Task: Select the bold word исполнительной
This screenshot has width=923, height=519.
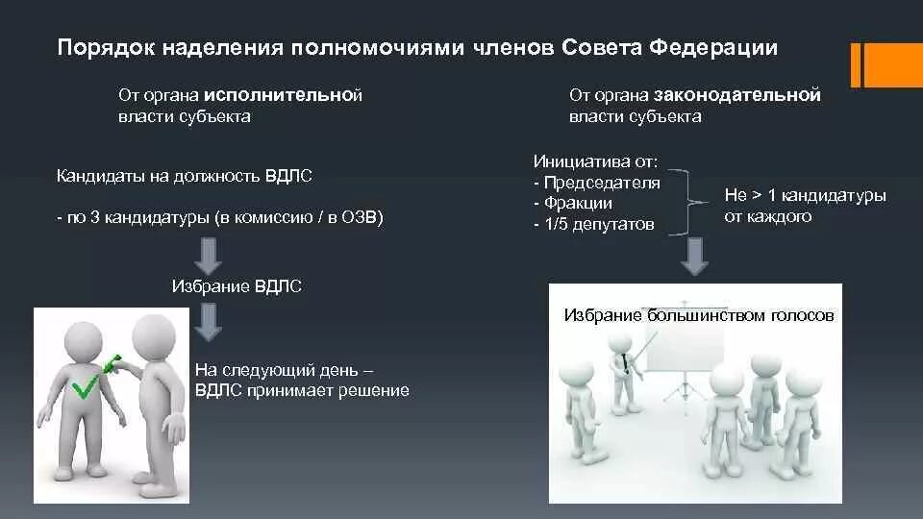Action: [x=283, y=95]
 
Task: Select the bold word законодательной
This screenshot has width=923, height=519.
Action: [x=737, y=95]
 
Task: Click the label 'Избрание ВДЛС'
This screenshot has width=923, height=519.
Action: [x=237, y=286]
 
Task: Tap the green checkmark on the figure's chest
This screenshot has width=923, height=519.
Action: [x=85, y=388]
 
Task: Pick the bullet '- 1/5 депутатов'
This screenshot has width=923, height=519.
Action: [x=593, y=224]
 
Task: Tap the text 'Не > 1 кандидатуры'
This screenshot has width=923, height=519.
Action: [x=805, y=196]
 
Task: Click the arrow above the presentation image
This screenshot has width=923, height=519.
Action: [x=693, y=256]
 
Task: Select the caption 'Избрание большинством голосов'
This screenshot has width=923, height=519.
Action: [x=699, y=315]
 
